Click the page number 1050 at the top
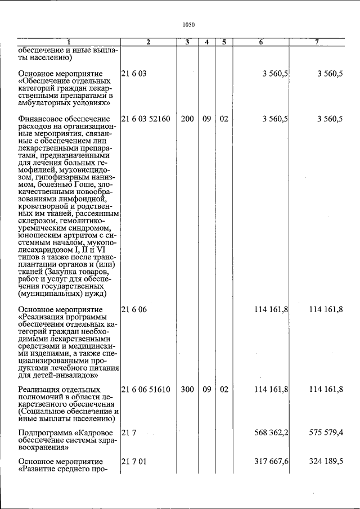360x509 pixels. click(x=188, y=24)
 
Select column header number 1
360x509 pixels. click(x=69, y=42)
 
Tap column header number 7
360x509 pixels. click(x=317, y=42)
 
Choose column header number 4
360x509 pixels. click(x=207, y=42)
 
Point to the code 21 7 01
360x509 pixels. click(x=132, y=461)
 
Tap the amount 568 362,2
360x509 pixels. click(x=271, y=432)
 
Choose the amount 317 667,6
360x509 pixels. click(x=271, y=461)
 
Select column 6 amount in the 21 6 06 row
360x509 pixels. click(x=271, y=309)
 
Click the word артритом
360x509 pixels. click(x=71, y=238)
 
